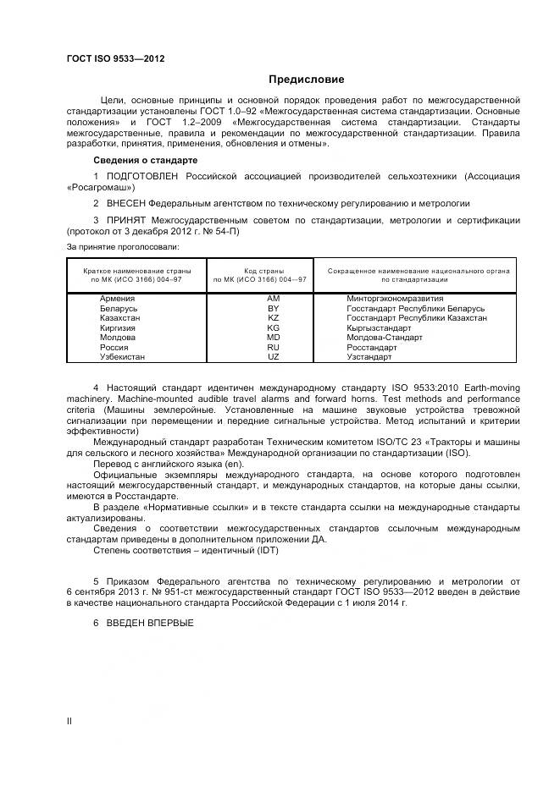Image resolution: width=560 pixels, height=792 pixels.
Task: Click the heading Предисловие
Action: point(307,80)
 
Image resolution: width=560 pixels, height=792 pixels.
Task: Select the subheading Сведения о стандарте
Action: point(145,160)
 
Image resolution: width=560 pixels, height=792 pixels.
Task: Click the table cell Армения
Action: point(117,299)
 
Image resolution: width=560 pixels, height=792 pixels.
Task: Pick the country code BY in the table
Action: point(273,309)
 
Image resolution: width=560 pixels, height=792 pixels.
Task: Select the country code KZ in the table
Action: point(273,318)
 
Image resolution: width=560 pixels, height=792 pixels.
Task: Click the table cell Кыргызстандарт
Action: point(379,328)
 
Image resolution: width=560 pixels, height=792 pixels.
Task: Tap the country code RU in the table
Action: point(273,348)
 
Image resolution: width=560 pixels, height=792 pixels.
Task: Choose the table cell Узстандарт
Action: point(369,357)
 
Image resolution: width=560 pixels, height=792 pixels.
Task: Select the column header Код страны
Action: point(259,270)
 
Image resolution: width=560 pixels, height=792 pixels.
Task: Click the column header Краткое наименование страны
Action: point(136,270)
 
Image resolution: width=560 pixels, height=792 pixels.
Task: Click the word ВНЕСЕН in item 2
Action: point(126,204)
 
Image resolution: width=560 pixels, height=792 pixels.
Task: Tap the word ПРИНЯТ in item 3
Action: point(126,220)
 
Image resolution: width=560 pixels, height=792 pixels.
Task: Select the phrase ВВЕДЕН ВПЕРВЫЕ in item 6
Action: point(150,623)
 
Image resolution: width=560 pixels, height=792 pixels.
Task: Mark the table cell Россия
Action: point(114,348)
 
